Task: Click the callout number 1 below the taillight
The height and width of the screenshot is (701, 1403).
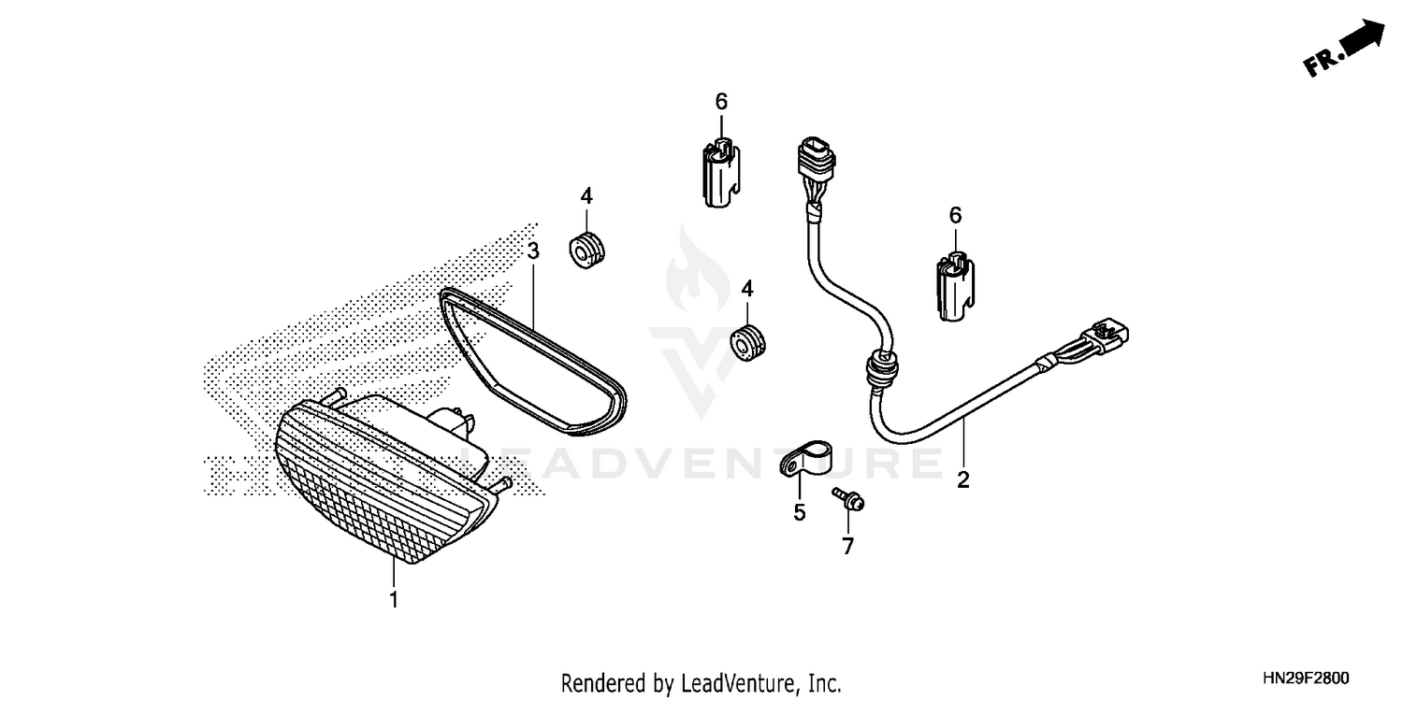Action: (394, 600)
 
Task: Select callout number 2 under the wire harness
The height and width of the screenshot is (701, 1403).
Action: (963, 480)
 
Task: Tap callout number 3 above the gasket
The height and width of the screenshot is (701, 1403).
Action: (533, 251)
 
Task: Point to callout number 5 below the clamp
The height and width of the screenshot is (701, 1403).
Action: (799, 512)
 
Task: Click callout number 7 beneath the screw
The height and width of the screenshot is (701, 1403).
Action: (847, 547)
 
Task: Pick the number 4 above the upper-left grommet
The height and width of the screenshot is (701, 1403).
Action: (586, 196)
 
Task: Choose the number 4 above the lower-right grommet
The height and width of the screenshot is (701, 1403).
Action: (747, 289)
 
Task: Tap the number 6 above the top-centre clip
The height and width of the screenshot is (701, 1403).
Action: (721, 101)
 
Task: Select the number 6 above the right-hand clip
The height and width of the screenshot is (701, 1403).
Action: (955, 215)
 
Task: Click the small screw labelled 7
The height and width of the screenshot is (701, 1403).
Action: (848, 498)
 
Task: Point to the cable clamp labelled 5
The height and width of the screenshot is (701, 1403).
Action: (806, 458)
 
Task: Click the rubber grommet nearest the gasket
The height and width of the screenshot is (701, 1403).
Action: (586, 250)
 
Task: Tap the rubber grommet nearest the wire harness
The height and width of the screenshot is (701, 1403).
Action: (748, 343)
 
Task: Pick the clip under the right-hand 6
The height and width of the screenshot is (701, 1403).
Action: (955, 287)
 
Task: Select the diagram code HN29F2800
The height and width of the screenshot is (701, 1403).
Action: (1306, 678)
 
